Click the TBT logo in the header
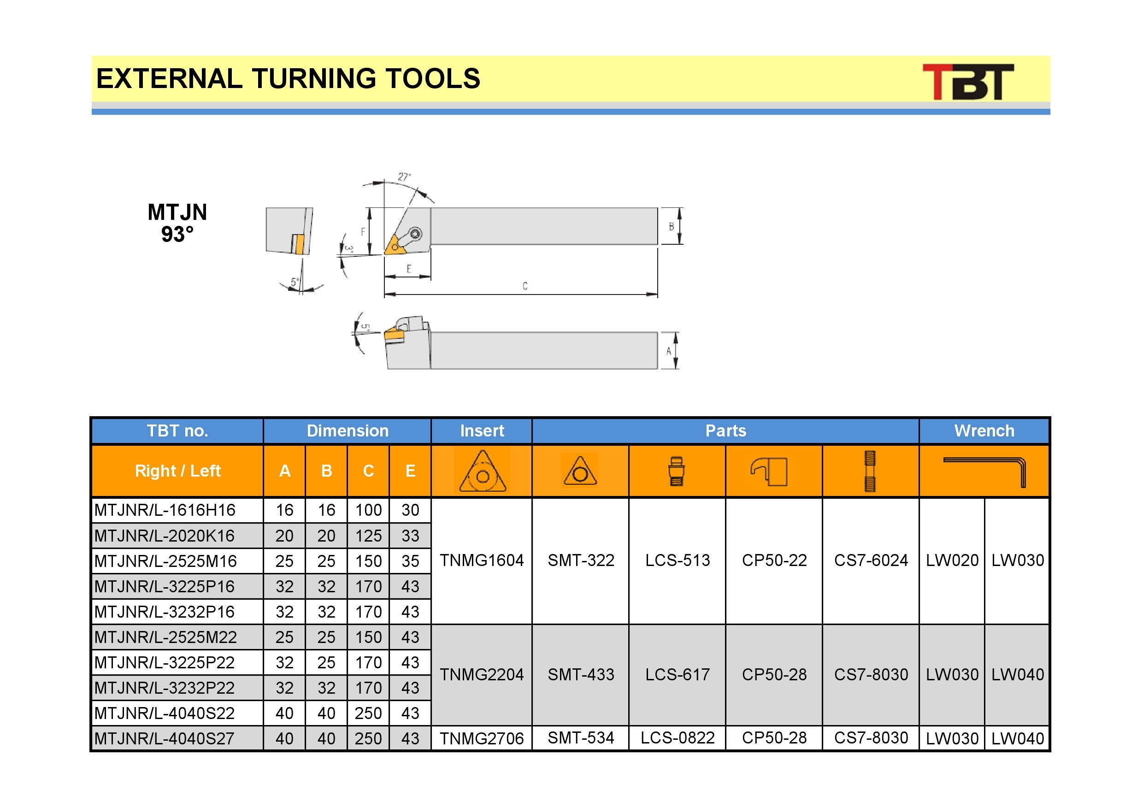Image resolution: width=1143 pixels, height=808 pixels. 968,82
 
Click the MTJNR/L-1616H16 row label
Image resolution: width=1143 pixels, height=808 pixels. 165,510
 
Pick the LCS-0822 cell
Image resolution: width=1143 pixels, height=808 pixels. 678,738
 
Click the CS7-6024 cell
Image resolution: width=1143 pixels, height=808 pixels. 871,560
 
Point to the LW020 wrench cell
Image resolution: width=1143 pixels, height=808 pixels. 952,560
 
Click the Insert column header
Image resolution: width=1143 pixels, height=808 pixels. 482,431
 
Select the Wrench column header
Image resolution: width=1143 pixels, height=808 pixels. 984,431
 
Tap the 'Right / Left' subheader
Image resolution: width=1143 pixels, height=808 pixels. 178,471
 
